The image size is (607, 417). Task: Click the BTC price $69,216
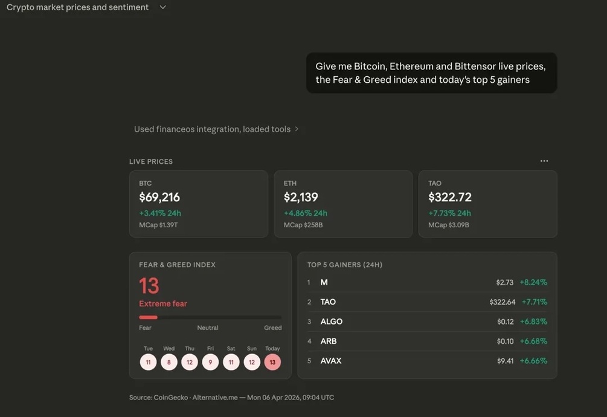coord(159,197)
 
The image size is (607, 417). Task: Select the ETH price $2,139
coord(301,197)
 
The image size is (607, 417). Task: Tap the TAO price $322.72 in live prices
coord(450,197)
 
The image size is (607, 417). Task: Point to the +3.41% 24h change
coord(160,213)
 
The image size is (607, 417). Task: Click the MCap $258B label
coord(303,225)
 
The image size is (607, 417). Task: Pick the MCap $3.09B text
coord(449,225)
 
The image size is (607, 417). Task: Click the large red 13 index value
coord(149,286)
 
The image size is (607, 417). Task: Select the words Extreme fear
coord(163,303)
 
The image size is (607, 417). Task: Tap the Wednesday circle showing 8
coord(169,362)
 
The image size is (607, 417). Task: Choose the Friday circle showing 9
coord(210,362)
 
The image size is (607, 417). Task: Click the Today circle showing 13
coord(272,362)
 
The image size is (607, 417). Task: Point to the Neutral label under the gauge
coord(208,328)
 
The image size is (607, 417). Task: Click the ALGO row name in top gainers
coord(332,322)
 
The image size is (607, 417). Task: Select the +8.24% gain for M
coord(533,282)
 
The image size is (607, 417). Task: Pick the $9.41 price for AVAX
coord(505,361)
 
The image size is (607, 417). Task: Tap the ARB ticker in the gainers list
coord(329,341)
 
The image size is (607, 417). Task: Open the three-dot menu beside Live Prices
coord(544,161)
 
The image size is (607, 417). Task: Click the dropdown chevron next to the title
coord(163,7)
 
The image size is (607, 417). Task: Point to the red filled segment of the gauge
coord(148,317)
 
